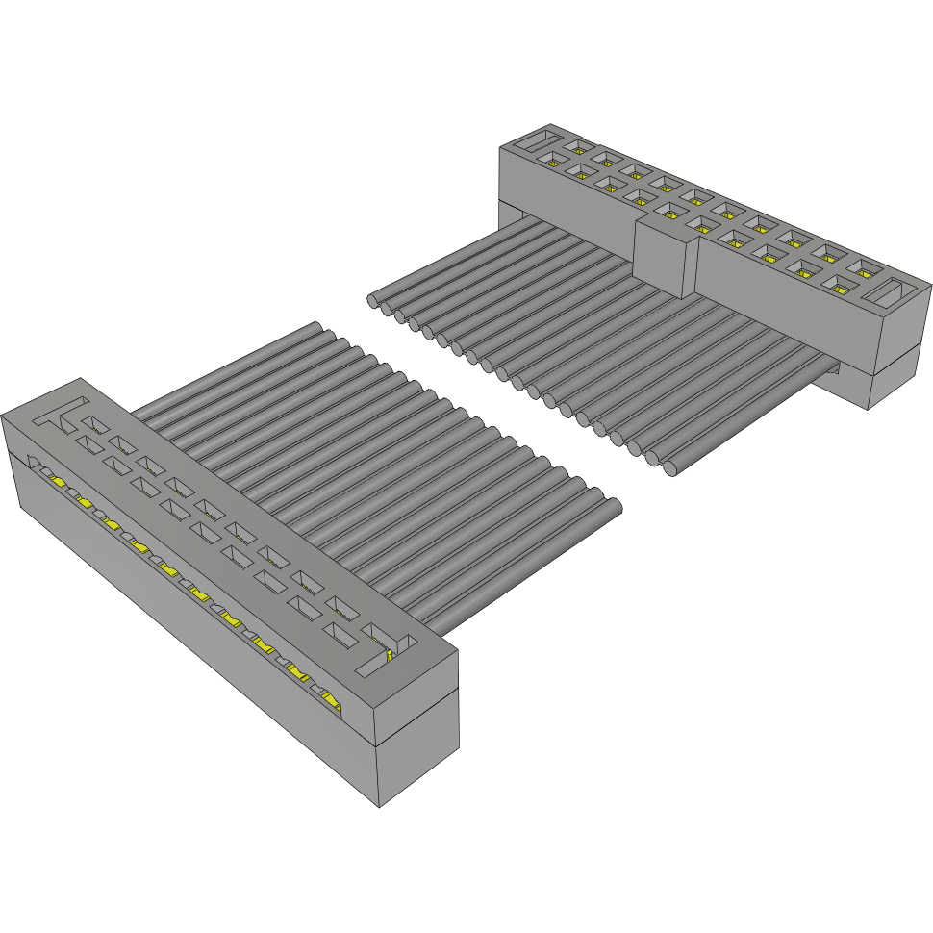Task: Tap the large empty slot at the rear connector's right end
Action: click(893, 293)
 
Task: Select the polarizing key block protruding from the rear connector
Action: click(665, 254)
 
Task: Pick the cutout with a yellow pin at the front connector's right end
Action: click(389, 651)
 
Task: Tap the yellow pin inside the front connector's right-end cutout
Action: click(389, 656)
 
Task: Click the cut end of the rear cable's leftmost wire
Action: click(373, 301)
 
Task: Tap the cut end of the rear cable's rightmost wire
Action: click(672, 468)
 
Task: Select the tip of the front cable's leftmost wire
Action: click(316, 327)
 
